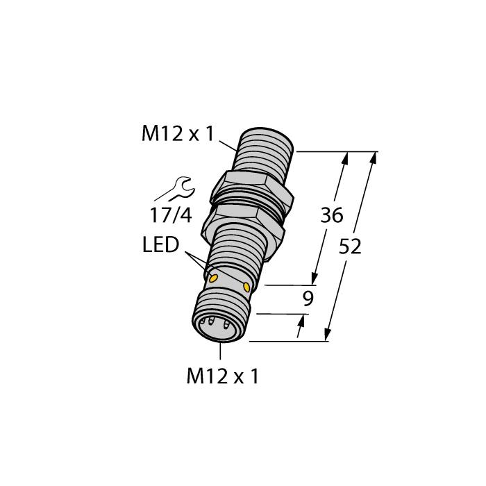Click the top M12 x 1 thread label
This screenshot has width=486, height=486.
click(178, 134)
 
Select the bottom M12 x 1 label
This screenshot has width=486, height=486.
click(222, 377)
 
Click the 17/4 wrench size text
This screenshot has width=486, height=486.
click(171, 215)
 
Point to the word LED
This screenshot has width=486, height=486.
click(161, 244)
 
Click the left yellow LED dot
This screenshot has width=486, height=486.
click(212, 278)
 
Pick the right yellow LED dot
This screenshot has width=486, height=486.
click(246, 287)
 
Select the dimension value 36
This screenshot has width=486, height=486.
click(332, 215)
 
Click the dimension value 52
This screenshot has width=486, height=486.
click(350, 247)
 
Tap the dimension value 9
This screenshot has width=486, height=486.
click(308, 299)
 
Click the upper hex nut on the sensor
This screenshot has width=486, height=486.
click(251, 190)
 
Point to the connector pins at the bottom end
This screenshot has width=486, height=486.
click(217, 325)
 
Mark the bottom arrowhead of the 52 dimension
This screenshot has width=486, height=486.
click(327, 335)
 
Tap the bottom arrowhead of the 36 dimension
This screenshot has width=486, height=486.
click(315, 278)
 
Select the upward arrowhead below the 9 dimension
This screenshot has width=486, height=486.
click(300, 321)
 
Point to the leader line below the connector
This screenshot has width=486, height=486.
click(220, 351)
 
